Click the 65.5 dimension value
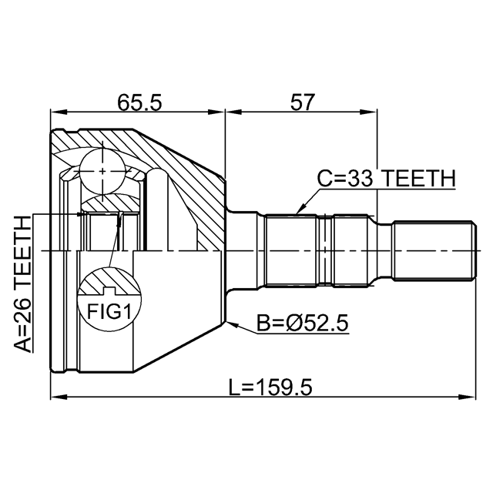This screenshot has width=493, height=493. (139, 102)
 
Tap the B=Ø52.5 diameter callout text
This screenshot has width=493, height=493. (303, 324)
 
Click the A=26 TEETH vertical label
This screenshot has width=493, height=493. (24, 283)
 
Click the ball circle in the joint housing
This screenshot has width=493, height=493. (102, 170)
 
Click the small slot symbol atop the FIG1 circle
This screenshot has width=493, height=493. (109, 290)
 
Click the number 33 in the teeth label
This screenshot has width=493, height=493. (361, 179)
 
